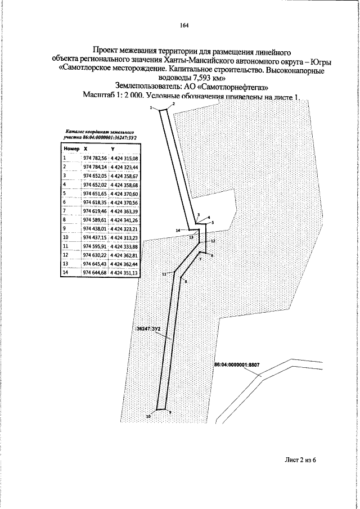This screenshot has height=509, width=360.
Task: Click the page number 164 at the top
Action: click(x=184, y=25)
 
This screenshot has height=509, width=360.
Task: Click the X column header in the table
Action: click(x=85, y=148)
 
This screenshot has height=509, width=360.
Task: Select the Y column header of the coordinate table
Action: click(x=112, y=148)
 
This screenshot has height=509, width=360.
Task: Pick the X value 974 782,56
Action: click(x=94, y=159)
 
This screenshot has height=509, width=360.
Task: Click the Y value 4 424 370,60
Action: click(x=124, y=193)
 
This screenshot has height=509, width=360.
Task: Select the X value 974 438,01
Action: click(x=94, y=229)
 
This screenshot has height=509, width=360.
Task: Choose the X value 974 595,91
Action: click(x=94, y=246)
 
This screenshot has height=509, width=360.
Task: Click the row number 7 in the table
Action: click(x=65, y=211)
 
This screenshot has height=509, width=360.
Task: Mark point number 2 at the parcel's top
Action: click(x=173, y=105)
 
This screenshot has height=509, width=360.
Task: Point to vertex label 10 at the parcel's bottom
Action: click(x=148, y=417)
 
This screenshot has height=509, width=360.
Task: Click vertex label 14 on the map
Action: click(x=178, y=231)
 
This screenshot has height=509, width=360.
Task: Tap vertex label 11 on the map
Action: click(x=164, y=274)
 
